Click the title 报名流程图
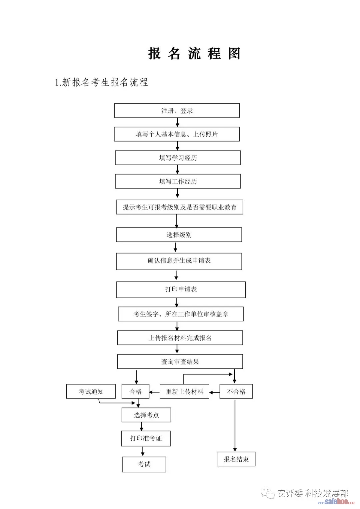tap(194, 54)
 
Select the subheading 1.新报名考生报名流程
tap(101, 82)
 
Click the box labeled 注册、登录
tap(177, 111)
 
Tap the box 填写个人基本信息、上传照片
tap(177, 134)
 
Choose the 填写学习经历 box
tap(178, 158)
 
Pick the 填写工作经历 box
tap(178, 182)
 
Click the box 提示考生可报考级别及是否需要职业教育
tap(179, 207)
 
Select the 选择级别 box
tap(179, 235)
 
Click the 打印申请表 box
tap(181, 289)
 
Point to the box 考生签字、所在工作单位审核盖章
tap(181, 314)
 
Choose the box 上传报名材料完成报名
tap(180, 338)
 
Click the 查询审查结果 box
tap(180, 362)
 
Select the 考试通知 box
tap(91, 392)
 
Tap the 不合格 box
tap(236, 392)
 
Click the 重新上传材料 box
tap(184, 392)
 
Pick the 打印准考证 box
tap(146, 438)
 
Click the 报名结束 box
tap(236, 459)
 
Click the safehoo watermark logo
tap(336, 502)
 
